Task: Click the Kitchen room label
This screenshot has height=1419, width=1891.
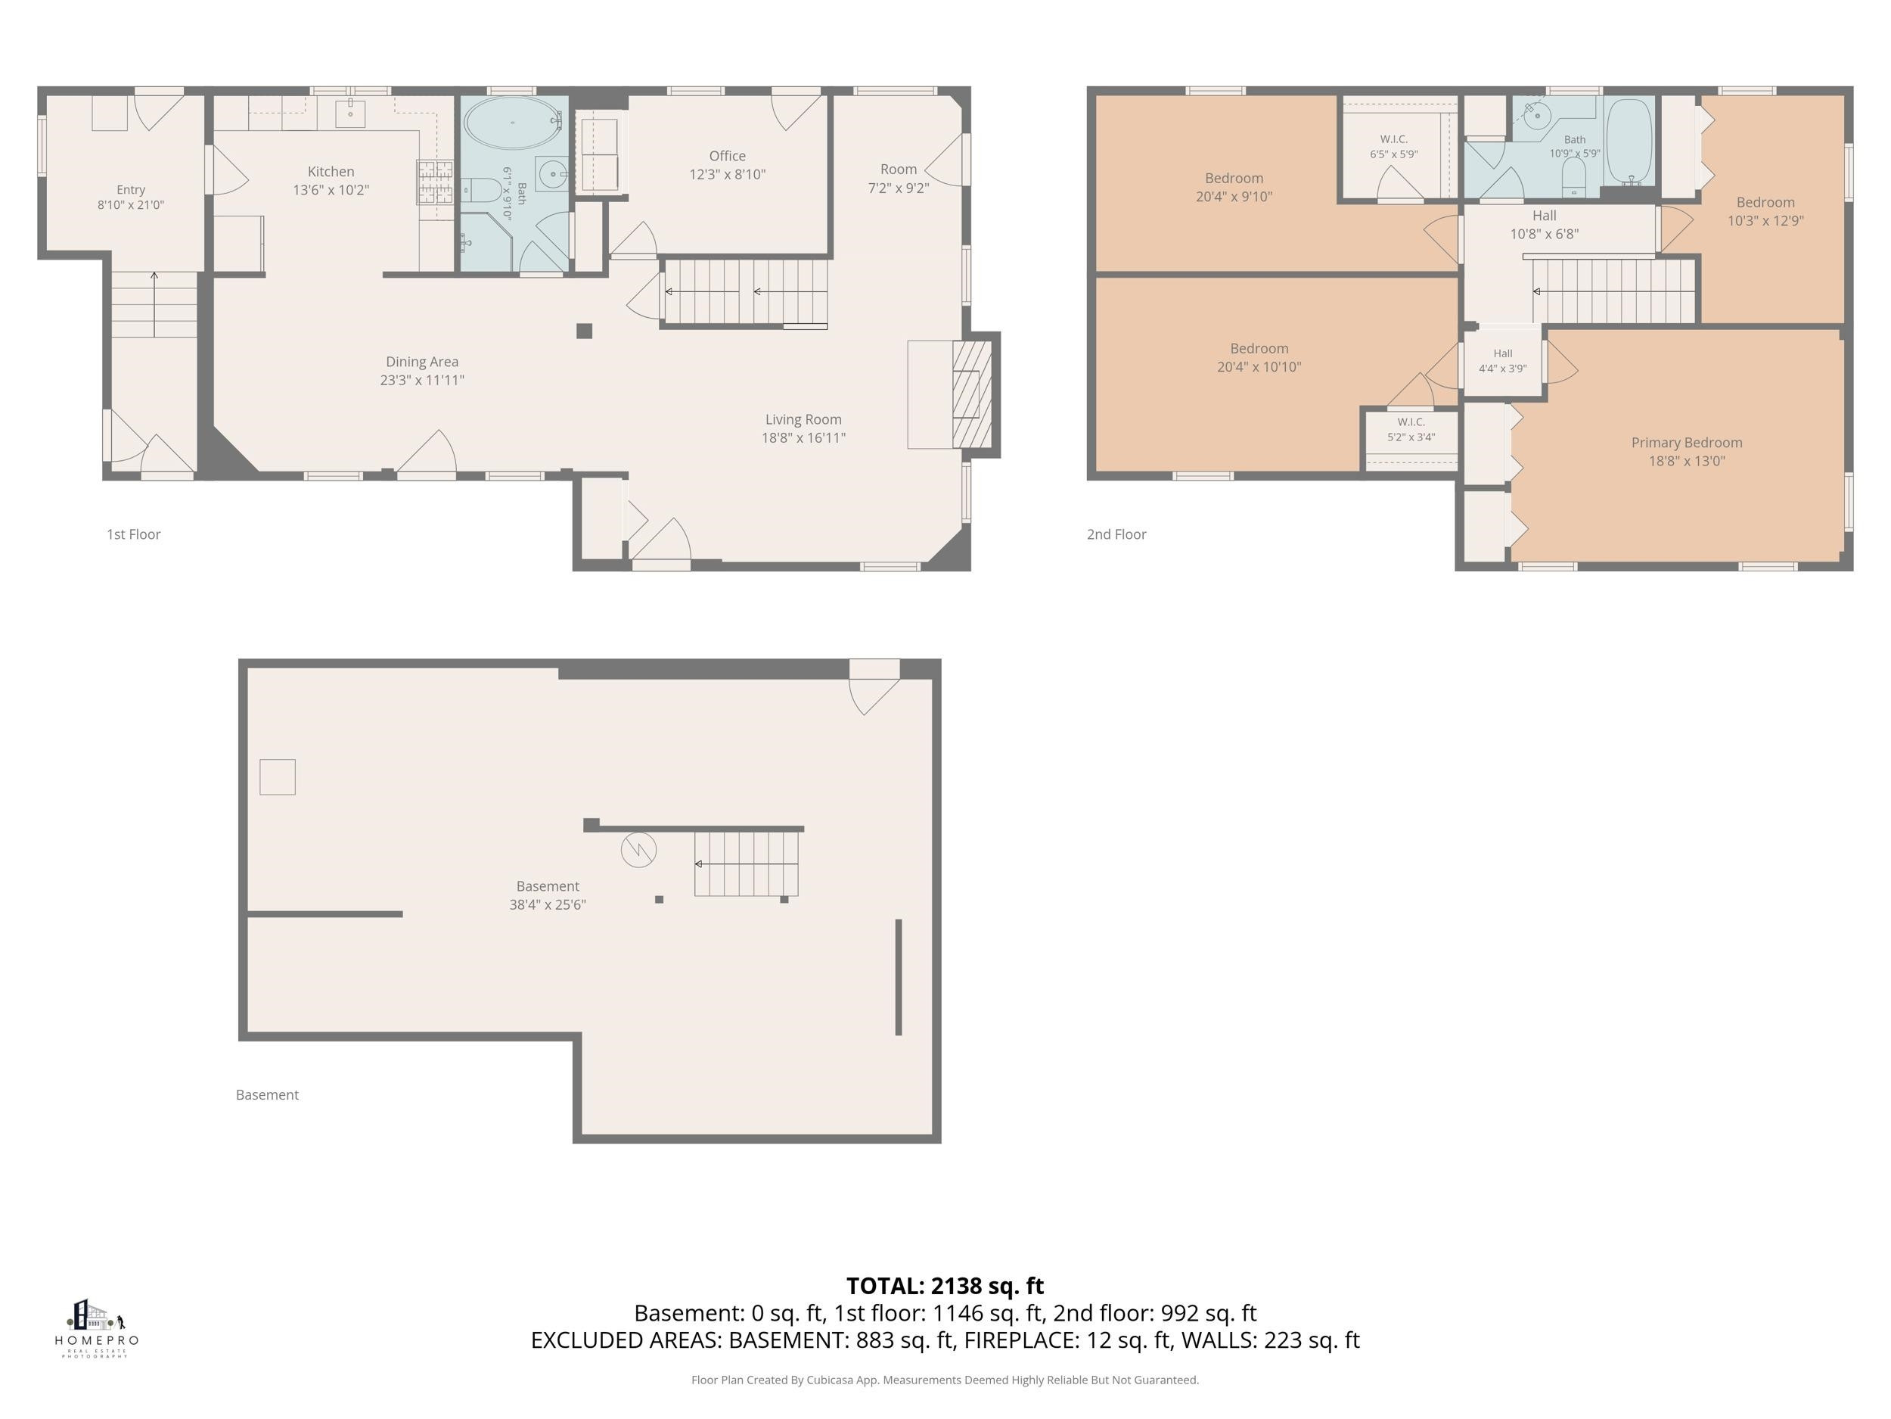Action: click(331, 172)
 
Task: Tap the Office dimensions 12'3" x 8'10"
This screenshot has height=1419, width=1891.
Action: click(728, 175)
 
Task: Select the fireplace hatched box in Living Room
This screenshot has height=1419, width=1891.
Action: click(972, 394)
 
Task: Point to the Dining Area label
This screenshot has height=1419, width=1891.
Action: click(421, 362)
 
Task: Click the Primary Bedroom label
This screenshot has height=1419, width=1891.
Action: click(1686, 443)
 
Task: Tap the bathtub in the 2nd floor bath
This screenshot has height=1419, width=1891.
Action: click(1629, 141)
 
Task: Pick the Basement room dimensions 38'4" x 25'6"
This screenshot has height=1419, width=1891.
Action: click(547, 905)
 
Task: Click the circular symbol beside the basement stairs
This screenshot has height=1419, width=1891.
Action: click(638, 850)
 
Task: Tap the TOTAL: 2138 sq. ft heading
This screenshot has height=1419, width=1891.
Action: click(945, 1286)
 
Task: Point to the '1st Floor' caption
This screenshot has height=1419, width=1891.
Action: click(133, 534)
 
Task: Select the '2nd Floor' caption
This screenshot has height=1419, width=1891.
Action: click(1116, 534)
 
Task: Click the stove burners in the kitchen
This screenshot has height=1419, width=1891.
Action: click(434, 182)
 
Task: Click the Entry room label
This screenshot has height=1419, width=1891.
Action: click(131, 190)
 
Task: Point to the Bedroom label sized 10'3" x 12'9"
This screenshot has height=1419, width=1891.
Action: click(1765, 203)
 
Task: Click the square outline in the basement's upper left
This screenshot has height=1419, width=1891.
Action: click(277, 776)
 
